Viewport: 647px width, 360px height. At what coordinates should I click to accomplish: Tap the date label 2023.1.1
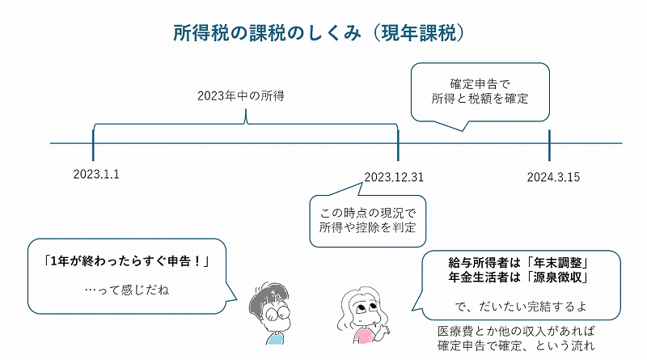(x=95, y=175)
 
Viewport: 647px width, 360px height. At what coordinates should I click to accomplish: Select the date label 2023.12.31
(x=394, y=176)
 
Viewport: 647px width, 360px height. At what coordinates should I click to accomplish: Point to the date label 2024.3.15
(x=553, y=176)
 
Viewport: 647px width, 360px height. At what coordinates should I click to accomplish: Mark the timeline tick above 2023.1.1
(x=94, y=144)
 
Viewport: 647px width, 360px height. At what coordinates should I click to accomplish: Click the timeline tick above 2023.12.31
(x=398, y=144)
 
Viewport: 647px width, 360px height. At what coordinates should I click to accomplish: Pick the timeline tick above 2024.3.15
(x=549, y=144)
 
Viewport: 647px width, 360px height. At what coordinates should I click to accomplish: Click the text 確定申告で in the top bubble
(x=480, y=83)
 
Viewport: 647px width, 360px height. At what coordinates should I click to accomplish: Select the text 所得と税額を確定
(x=480, y=100)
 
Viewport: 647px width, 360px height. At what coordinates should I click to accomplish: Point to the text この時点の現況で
(x=367, y=212)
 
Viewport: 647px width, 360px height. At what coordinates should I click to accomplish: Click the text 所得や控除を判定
(x=367, y=227)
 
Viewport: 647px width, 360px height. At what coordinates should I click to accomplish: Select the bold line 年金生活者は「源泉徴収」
(x=517, y=277)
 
